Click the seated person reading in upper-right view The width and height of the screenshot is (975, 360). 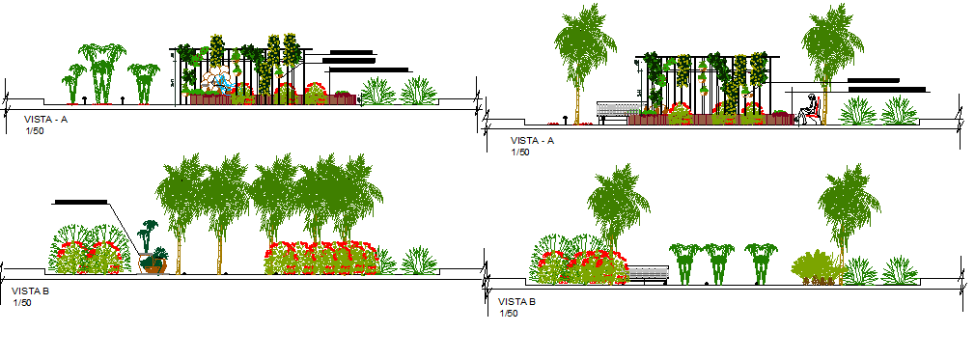tap(811, 110)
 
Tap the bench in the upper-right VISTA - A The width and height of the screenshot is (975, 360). tap(612, 112)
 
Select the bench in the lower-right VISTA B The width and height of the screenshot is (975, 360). tap(648, 274)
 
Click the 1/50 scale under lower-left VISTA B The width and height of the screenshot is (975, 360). tap(21, 302)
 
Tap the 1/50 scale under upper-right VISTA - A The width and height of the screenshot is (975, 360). tap(520, 152)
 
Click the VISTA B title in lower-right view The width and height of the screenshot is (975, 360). tap(516, 301)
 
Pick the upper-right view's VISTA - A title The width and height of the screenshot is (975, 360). tap(533, 141)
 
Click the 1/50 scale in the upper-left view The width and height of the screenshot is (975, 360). tap(34, 130)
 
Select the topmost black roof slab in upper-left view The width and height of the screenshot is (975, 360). tap(351, 51)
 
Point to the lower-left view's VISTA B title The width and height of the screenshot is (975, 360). tap(29, 290)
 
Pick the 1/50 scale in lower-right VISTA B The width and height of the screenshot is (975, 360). tap(508, 313)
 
